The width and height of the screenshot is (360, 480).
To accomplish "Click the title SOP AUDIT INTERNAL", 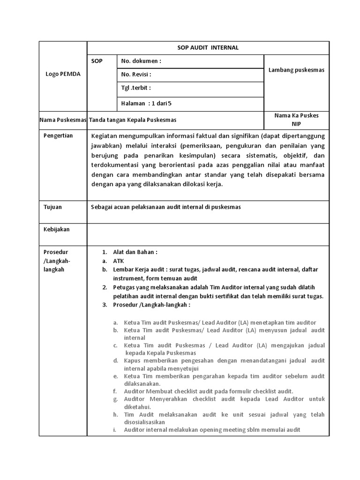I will [208, 48].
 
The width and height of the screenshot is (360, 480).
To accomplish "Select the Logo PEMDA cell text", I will [63, 74].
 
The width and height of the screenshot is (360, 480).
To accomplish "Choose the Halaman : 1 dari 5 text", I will [149, 104].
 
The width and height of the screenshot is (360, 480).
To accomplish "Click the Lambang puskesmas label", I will [296, 70].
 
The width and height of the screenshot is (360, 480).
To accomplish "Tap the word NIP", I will [296, 124].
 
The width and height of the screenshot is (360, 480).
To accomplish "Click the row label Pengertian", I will [58, 135].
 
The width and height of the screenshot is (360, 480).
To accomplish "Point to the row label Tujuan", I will [52, 207].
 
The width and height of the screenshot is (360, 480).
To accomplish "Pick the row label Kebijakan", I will [56, 229].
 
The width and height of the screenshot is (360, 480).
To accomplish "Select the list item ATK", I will [118, 261].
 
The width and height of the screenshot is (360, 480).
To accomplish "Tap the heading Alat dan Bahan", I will [135, 252].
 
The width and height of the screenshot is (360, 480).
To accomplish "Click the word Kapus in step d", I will [132, 360].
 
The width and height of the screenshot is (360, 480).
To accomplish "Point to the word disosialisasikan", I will [144, 422].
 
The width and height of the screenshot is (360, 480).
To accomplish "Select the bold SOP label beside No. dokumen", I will [97, 61].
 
